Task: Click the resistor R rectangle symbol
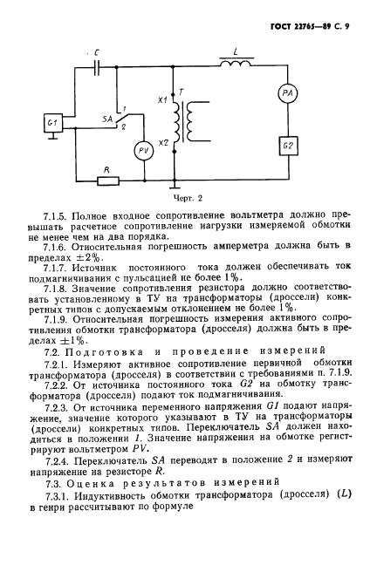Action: pyautogui.click(x=108, y=181)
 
